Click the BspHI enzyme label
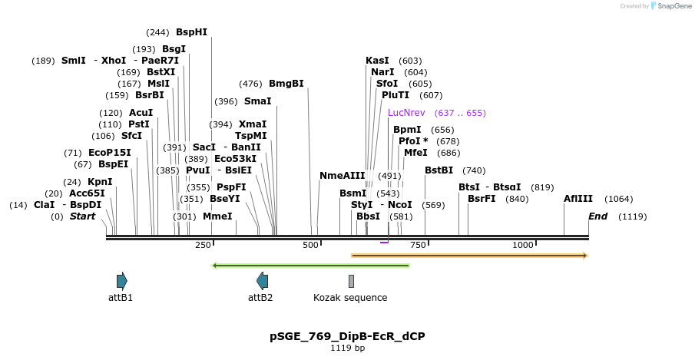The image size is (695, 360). pyautogui.click(x=191, y=32)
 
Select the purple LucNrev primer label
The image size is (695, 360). pyautogui.click(x=406, y=113)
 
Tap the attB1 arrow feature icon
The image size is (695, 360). pyautogui.click(x=121, y=281)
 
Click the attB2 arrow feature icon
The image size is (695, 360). pyautogui.click(x=262, y=281)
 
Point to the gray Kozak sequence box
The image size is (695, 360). pyautogui.click(x=351, y=281)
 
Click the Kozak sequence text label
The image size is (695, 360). pyautogui.click(x=350, y=298)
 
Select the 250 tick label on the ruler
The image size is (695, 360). pyautogui.click(x=203, y=245)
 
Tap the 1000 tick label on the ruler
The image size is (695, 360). pyautogui.click(x=523, y=245)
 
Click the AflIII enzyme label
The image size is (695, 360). pyautogui.click(x=578, y=199)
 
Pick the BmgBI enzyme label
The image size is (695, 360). pyautogui.click(x=286, y=84)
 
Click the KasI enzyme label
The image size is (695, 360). pyautogui.click(x=377, y=61)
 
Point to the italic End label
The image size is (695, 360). pyautogui.click(x=597, y=216)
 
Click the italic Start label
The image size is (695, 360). pyautogui.click(x=82, y=216)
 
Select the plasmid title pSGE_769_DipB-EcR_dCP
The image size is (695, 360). pyautogui.click(x=347, y=336)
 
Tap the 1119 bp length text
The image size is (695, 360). pyautogui.click(x=347, y=348)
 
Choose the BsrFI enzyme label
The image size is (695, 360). pyautogui.click(x=482, y=199)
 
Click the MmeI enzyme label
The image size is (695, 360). pyautogui.click(x=217, y=216)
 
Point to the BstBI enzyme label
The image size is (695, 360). pyautogui.click(x=439, y=170)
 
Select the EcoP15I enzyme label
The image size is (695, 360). pyautogui.click(x=110, y=153)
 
